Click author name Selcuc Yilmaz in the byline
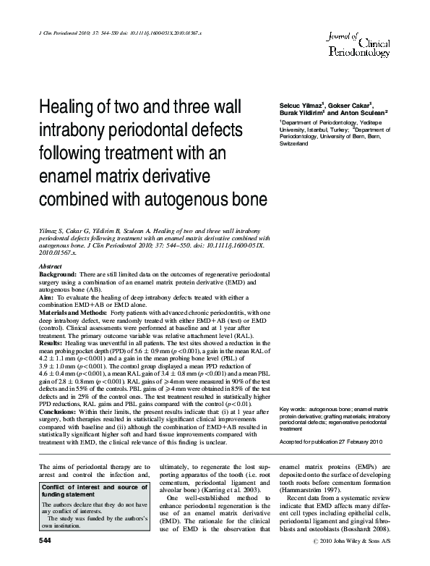[301, 105]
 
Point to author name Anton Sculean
[366, 113]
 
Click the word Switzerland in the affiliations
[293, 144]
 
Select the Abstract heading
[51, 266]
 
